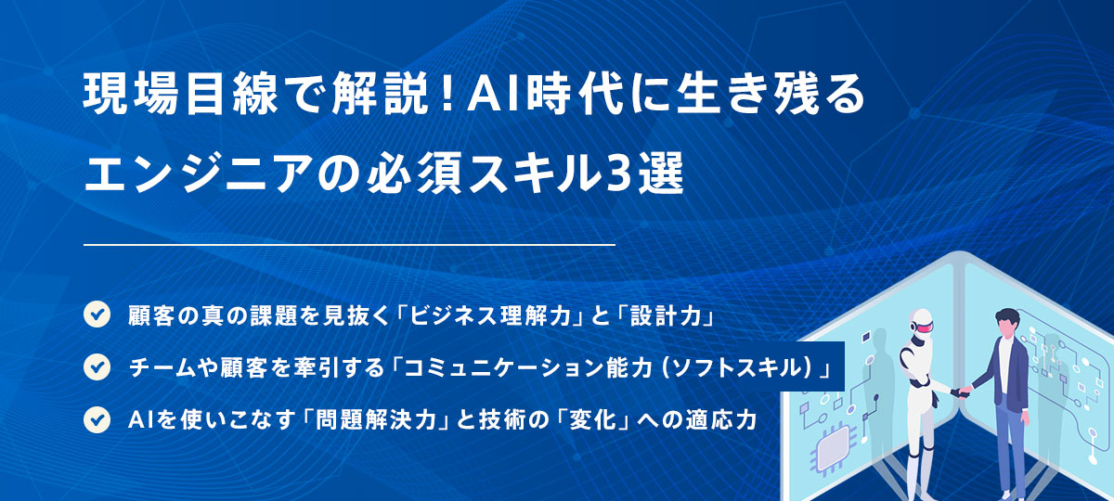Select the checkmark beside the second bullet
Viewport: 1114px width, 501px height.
[x=97, y=367]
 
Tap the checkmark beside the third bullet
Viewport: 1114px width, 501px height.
[x=97, y=419]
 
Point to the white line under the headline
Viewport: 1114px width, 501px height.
[x=349, y=245]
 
